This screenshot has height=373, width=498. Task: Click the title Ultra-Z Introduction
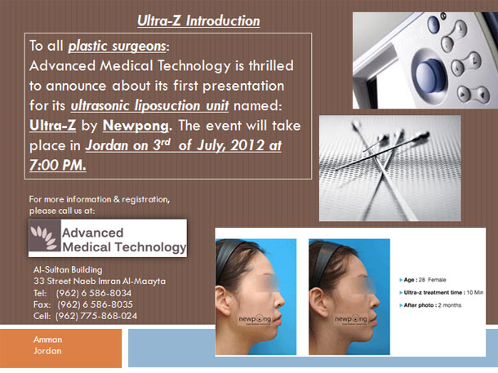pos(198,21)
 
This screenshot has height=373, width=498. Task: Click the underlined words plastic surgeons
pos(118,46)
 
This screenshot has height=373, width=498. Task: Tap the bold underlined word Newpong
pos(136,126)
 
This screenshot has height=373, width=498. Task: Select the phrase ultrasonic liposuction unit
pos(149,105)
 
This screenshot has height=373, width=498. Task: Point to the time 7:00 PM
pos(57,165)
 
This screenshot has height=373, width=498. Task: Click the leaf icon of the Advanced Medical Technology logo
pos(44,237)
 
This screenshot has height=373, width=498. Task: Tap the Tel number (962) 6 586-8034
pos(94,293)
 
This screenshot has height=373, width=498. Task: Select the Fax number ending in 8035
pos(95,304)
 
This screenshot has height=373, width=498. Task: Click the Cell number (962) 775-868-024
pos(96,316)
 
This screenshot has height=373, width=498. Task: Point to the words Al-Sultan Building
pos(68,270)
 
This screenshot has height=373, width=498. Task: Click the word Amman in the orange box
pos(47,340)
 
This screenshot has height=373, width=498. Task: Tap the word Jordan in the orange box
pos(47,351)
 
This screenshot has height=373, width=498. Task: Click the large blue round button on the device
pos(430,76)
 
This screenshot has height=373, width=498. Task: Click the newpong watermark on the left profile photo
pos(255,319)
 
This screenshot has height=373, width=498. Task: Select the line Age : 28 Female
pos(423,280)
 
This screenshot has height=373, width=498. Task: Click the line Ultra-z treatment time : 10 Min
pos(441,292)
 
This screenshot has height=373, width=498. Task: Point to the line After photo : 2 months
pos(430,305)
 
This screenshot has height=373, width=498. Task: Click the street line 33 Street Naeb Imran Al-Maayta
pos(100,282)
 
